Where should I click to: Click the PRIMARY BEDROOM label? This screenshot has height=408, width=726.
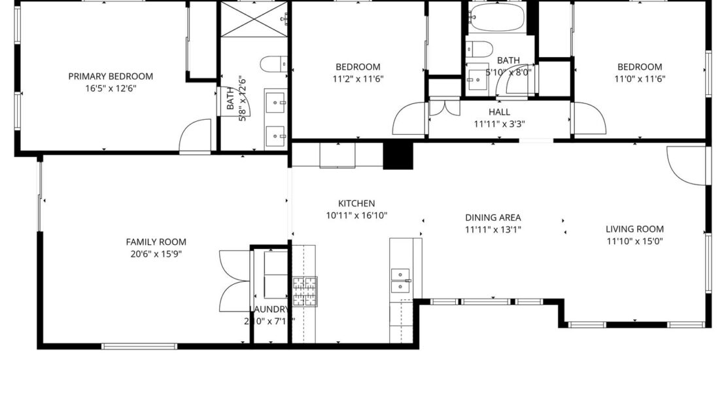pyautogui.click(x=111, y=76)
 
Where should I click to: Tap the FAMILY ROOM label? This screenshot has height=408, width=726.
pyautogui.click(x=156, y=241)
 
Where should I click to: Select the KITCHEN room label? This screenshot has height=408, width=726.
pyautogui.click(x=356, y=203)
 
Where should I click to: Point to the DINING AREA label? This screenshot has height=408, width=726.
pyautogui.click(x=493, y=217)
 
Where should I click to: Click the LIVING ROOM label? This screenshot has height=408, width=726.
pyautogui.click(x=634, y=229)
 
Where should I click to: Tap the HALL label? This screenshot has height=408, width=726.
pyautogui.click(x=499, y=112)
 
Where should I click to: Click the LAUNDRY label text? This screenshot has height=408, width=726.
pyautogui.click(x=269, y=309)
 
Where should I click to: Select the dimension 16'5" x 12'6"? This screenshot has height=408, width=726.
pyautogui.click(x=111, y=88)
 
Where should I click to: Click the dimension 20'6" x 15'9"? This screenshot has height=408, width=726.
pyautogui.click(x=156, y=254)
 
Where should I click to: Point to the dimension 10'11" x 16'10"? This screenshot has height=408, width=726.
pyautogui.click(x=356, y=215)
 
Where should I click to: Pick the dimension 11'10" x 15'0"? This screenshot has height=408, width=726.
pyautogui.click(x=634, y=241)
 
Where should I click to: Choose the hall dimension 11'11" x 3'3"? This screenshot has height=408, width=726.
pyautogui.click(x=499, y=124)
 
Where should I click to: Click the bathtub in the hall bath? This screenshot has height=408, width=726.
pyautogui.click(x=497, y=18)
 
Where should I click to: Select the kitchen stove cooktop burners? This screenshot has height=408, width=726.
pyautogui.click(x=305, y=291)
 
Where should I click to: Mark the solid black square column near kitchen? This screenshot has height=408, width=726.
pyautogui.click(x=398, y=156)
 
